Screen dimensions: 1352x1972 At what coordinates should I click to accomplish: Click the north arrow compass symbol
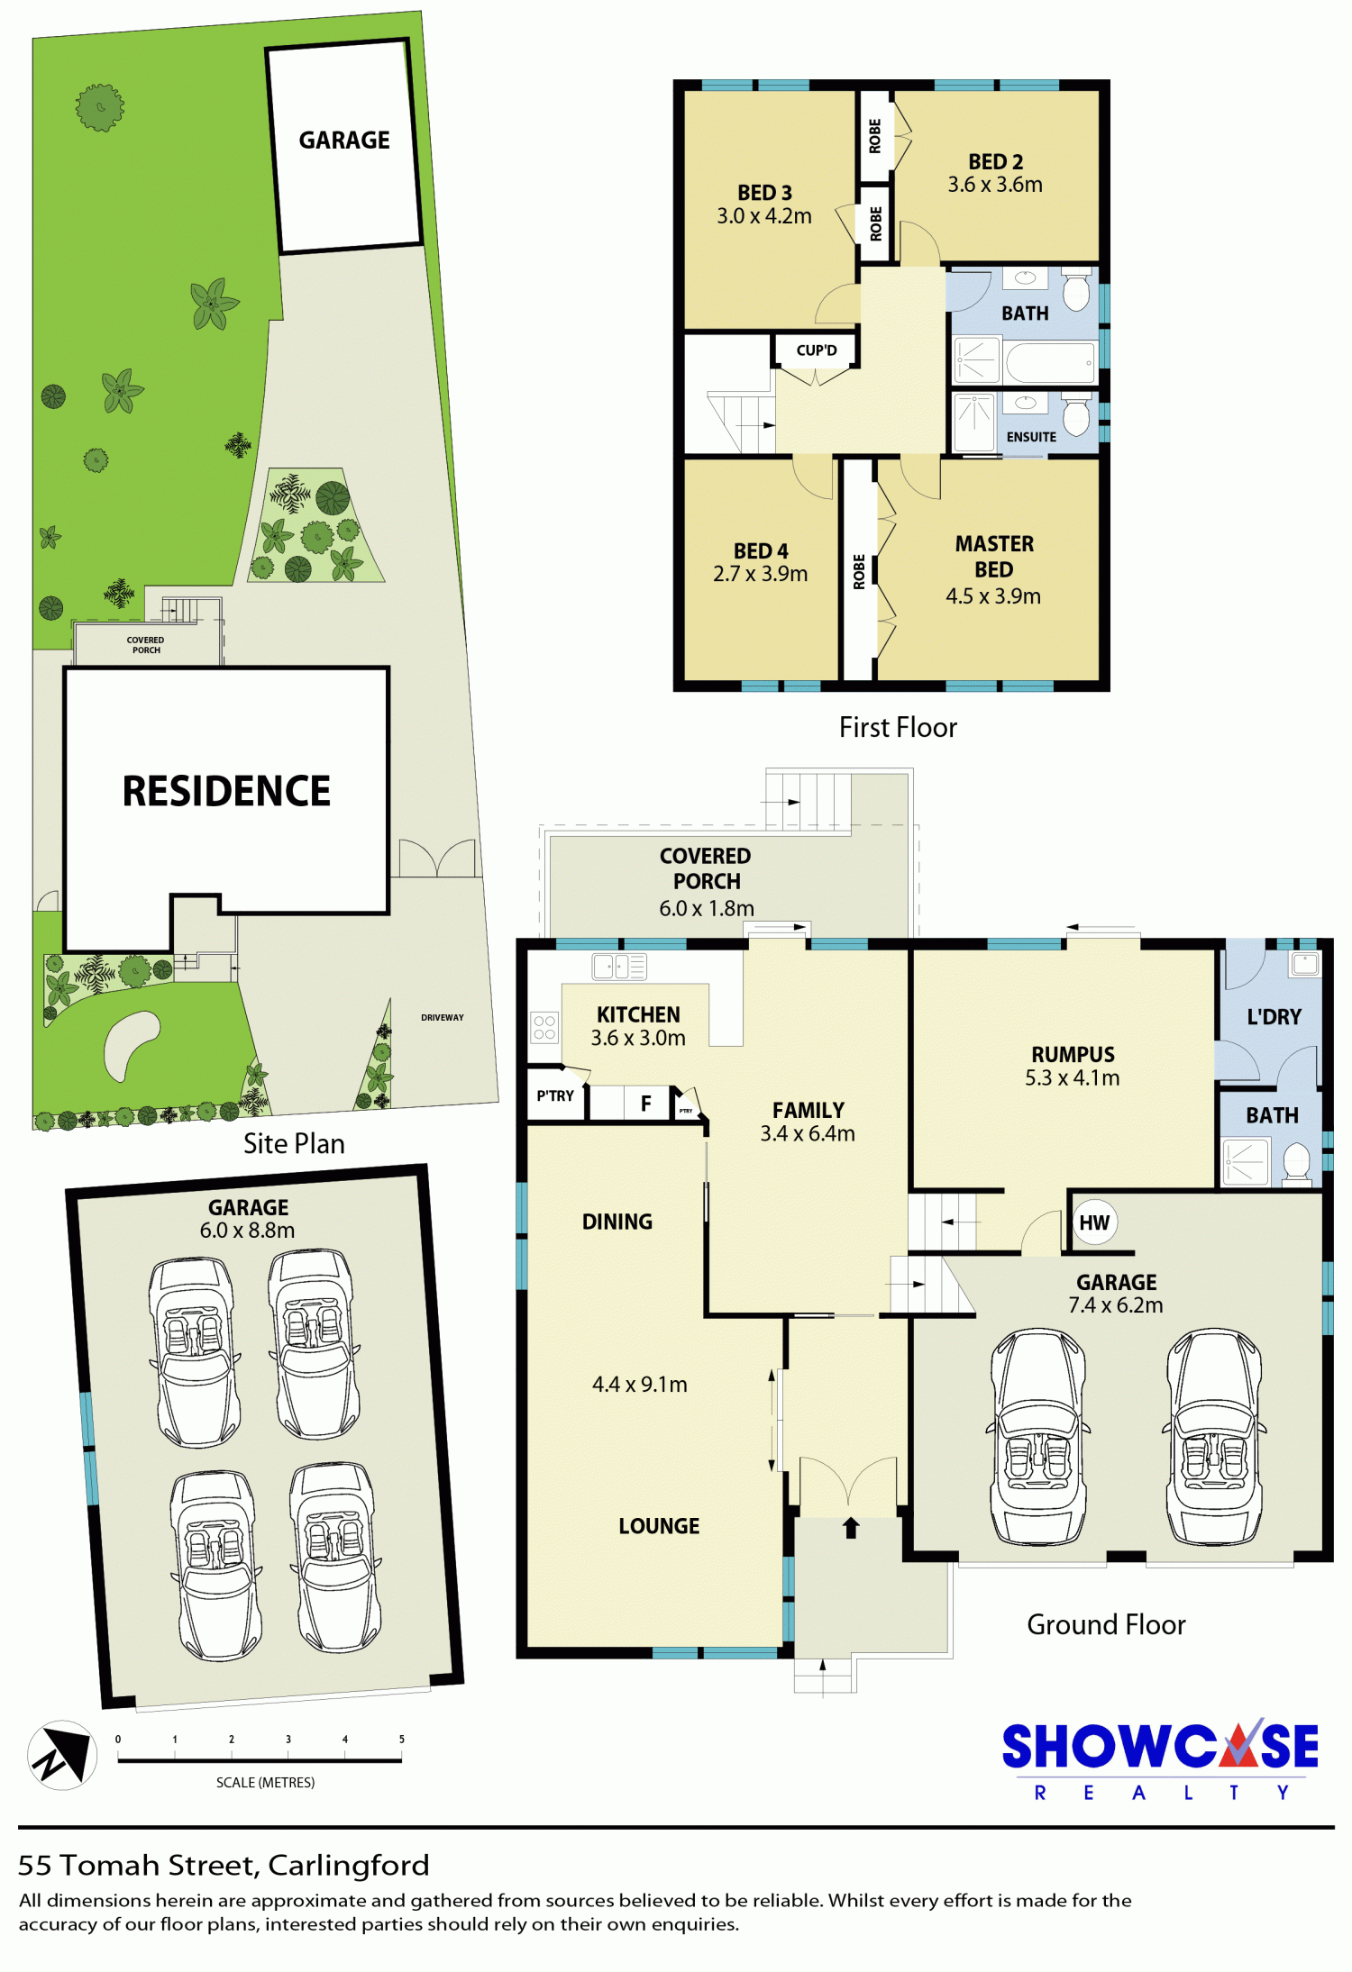[x=62, y=1755]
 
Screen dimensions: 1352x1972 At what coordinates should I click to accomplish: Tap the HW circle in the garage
[x=1094, y=1222]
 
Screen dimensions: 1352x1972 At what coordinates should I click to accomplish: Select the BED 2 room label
[x=995, y=161]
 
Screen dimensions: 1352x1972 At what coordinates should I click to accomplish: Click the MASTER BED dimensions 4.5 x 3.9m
[x=993, y=596]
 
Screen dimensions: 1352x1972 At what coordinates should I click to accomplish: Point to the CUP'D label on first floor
[x=817, y=350]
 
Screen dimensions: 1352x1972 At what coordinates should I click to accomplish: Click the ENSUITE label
[x=1031, y=437]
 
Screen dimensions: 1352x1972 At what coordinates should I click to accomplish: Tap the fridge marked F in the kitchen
[x=646, y=1104]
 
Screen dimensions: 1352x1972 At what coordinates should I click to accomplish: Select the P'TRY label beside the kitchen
[x=555, y=1096]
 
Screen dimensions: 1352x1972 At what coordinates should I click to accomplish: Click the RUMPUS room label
[x=1073, y=1055]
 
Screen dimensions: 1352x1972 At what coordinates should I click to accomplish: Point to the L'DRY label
[x=1274, y=1017]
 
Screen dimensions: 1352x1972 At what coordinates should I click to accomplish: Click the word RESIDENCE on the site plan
[x=226, y=791]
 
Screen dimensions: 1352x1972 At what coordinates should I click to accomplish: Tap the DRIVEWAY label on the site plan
[x=443, y=1017]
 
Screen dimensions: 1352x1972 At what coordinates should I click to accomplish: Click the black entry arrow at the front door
[x=851, y=1527]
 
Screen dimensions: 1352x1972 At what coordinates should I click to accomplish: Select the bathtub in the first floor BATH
[x=1050, y=362]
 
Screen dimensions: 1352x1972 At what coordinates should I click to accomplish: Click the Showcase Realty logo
[x=1160, y=1759]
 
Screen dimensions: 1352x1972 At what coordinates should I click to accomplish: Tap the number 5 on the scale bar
[x=401, y=1739]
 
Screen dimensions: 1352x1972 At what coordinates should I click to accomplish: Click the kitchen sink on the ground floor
[x=618, y=967]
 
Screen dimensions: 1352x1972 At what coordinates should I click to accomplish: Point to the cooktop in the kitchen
[x=544, y=1028]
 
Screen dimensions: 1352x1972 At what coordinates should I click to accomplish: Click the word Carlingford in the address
[x=348, y=1865]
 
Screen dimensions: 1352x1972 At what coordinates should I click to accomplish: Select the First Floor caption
[x=898, y=727]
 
